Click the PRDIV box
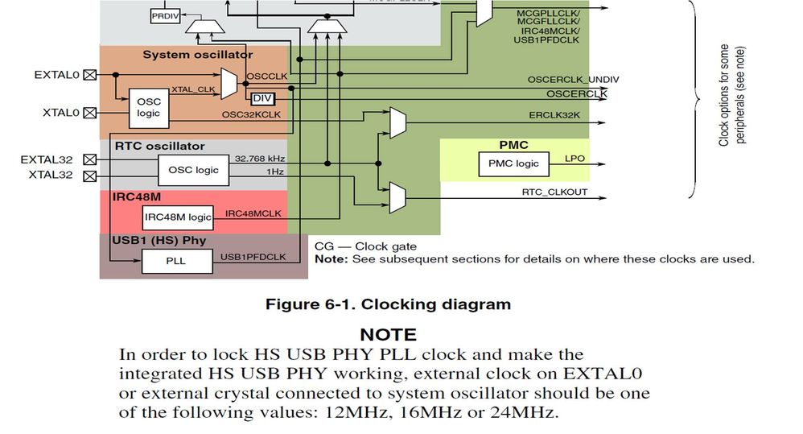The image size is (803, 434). [164, 15]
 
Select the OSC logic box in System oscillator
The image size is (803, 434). [148, 107]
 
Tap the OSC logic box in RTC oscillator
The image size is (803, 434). [193, 170]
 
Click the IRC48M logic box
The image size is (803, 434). [178, 217]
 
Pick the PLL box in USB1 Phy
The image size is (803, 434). [176, 261]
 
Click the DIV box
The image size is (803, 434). [262, 98]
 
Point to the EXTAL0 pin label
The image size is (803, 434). [57, 75]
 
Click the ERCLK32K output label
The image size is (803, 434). [554, 115]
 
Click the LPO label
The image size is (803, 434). [575, 159]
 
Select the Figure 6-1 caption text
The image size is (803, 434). [388, 304]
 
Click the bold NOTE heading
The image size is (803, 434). [388, 334]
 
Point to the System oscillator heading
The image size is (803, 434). [197, 54]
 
